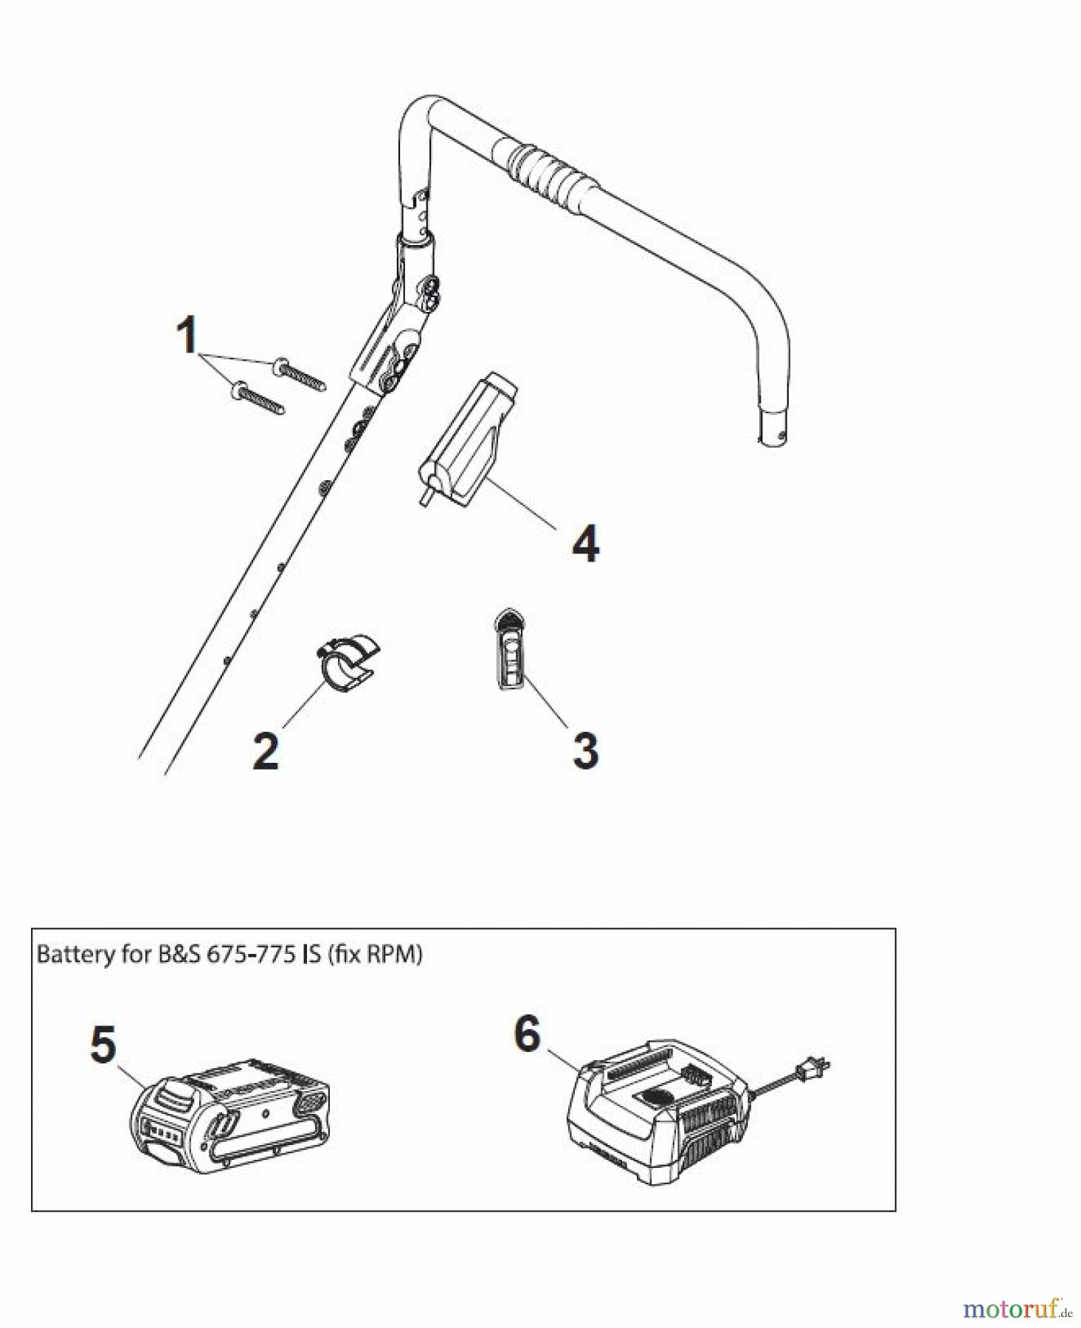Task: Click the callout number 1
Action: [188, 335]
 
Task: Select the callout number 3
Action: [585, 750]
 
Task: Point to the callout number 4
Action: [586, 544]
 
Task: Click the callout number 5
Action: [103, 1045]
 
